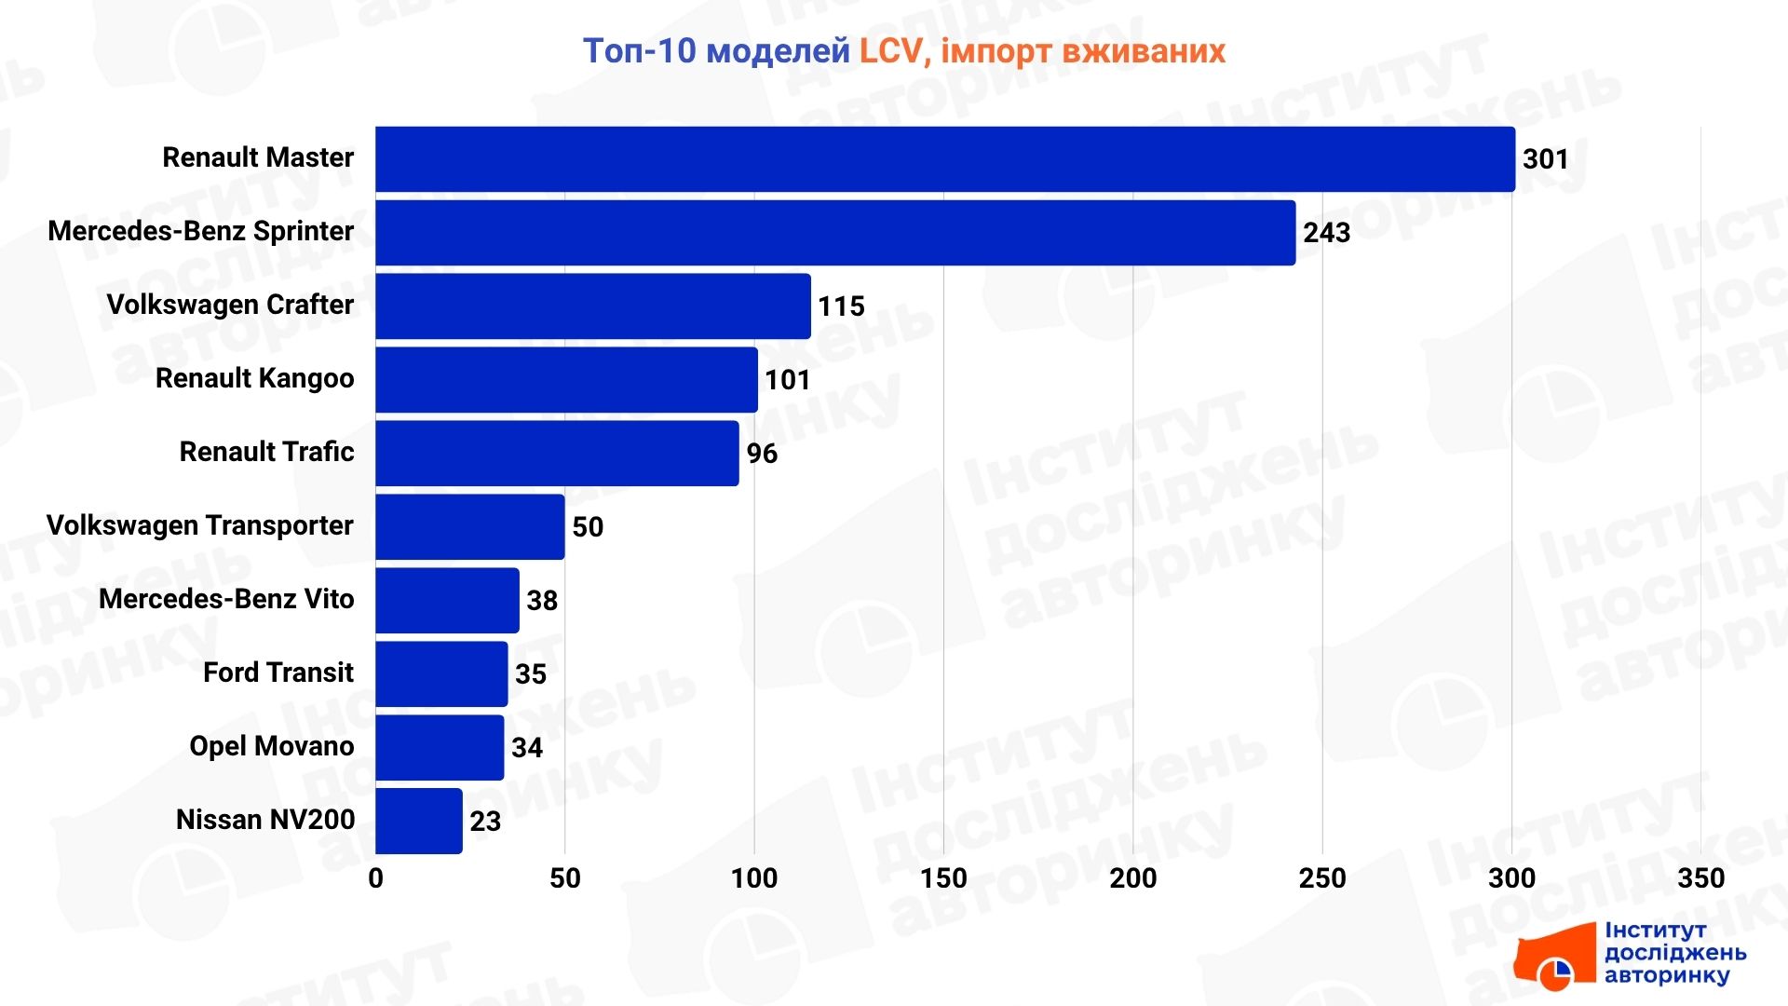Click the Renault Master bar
(x=944, y=159)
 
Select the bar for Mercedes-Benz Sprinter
(x=834, y=233)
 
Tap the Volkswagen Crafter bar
(x=592, y=306)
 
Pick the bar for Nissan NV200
(x=418, y=821)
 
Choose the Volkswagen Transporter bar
(x=469, y=526)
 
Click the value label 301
(x=1545, y=159)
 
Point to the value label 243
(x=1326, y=233)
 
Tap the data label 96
(x=762, y=454)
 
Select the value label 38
(x=542, y=601)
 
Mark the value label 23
(x=485, y=822)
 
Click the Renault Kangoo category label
(x=254, y=378)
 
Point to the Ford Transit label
(x=278, y=673)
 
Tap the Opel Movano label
(x=271, y=746)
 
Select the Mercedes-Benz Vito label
(x=226, y=599)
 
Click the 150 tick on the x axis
(x=943, y=877)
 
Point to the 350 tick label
(x=1700, y=877)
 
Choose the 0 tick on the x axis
(x=375, y=877)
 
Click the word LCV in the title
(x=890, y=51)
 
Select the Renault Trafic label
(x=266, y=452)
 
